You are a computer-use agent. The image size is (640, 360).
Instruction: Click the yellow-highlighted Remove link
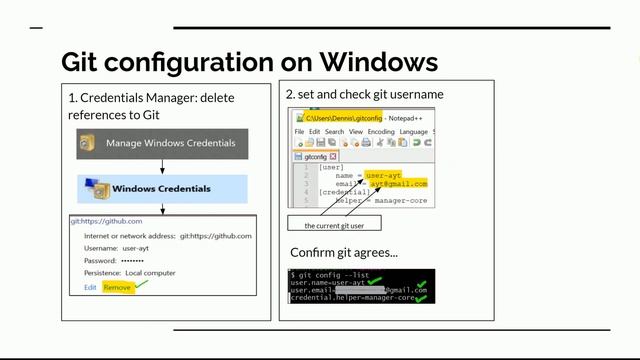coord(117,288)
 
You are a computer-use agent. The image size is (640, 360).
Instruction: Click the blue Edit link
coord(90,288)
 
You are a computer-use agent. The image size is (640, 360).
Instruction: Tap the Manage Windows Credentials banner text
coord(171,143)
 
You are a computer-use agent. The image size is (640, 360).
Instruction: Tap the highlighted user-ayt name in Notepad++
coord(384,175)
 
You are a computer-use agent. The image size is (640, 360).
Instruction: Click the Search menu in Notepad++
coord(334,131)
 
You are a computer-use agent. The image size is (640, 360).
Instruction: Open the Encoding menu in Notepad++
coord(381,131)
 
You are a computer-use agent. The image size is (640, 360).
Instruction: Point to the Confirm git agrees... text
coord(344,251)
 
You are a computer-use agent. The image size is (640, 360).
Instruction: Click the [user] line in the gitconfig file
coord(331,166)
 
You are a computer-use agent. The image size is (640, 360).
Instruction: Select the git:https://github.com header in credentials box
coord(106,221)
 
